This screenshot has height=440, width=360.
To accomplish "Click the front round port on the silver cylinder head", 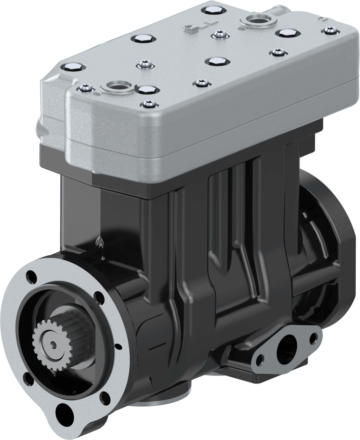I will click(117, 86).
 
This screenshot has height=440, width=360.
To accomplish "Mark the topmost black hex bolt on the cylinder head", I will click(211, 10).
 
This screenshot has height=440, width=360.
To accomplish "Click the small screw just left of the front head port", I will click(85, 87).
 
